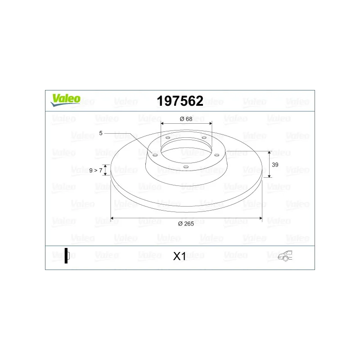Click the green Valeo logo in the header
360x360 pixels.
click(x=65, y=100)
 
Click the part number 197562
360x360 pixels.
click(x=180, y=101)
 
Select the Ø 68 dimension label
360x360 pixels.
click(x=186, y=119)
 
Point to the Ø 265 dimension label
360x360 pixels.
click(x=186, y=224)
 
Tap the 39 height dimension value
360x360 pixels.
click(x=275, y=165)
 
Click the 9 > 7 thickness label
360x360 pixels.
click(x=96, y=171)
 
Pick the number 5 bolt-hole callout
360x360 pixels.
click(x=101, y=133)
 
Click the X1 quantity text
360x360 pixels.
click(x=180, y=256)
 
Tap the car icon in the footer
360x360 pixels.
click(x=285, y=256)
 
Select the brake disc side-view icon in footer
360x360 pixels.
click(x=67, y=256)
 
